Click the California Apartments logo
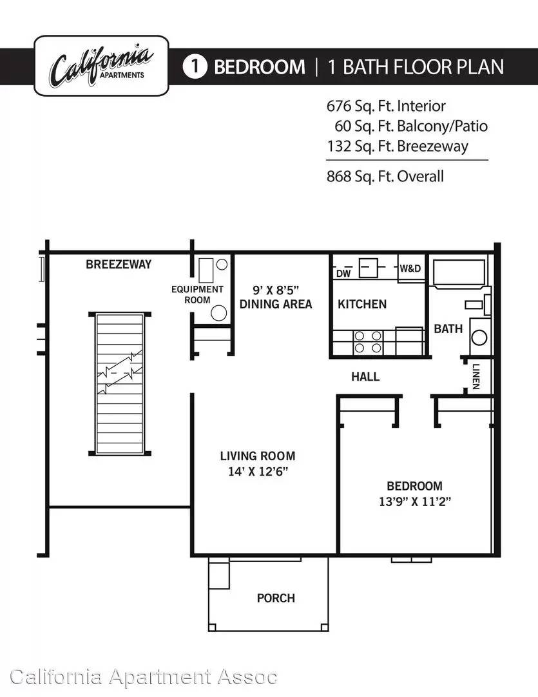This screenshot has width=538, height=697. [x=101, y=66]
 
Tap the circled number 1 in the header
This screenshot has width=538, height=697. [x=195, y=66]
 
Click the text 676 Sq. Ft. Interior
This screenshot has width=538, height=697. [x=386, y=106]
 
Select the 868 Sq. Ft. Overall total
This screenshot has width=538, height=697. [x=385, y=176]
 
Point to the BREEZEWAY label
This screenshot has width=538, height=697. [x=119, y=265]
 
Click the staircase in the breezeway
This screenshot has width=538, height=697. [x=120, y=383]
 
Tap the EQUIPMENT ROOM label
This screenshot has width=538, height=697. [x=198, y=295]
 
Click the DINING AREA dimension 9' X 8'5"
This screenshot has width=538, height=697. [x=276, y=290]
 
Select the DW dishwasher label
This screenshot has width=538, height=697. [x=343, y=274]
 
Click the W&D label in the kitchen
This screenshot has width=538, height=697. [x=410, y=268]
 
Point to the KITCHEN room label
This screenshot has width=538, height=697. [x=362, y=304]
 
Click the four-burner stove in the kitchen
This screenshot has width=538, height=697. [x=368, y=342]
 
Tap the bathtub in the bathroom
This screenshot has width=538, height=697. [x=459, y=272]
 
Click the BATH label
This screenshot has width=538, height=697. [x=448, y=329]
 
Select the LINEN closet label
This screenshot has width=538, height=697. [x=476, y=376]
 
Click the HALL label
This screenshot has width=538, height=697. [x=365, y=377]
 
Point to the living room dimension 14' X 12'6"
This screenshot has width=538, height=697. [x=258, y=472]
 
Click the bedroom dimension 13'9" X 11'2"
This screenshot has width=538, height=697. [x=414, y=502]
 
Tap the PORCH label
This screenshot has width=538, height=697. [x=276, y=598]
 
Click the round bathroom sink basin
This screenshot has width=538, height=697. [x=479, y=338]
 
